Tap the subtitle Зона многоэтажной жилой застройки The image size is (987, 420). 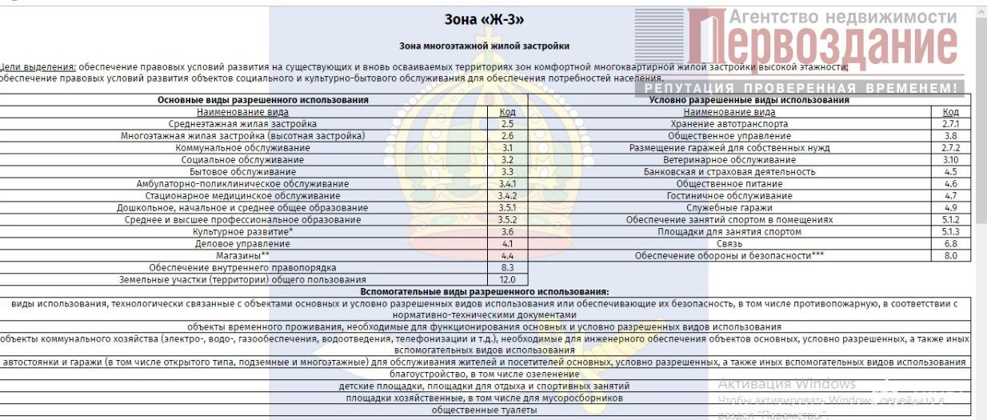[484, 46]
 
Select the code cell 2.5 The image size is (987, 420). [507, 124]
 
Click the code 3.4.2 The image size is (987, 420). [507, 196]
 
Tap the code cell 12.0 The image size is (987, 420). [507, 279]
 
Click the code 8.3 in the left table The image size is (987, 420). [507, 267]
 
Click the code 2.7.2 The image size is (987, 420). [950, 148]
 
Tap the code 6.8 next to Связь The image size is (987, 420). [950, 243]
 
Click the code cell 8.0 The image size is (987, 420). [950, 255]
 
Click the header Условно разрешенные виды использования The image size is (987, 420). [749, 100]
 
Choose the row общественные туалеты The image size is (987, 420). [484, 410]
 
